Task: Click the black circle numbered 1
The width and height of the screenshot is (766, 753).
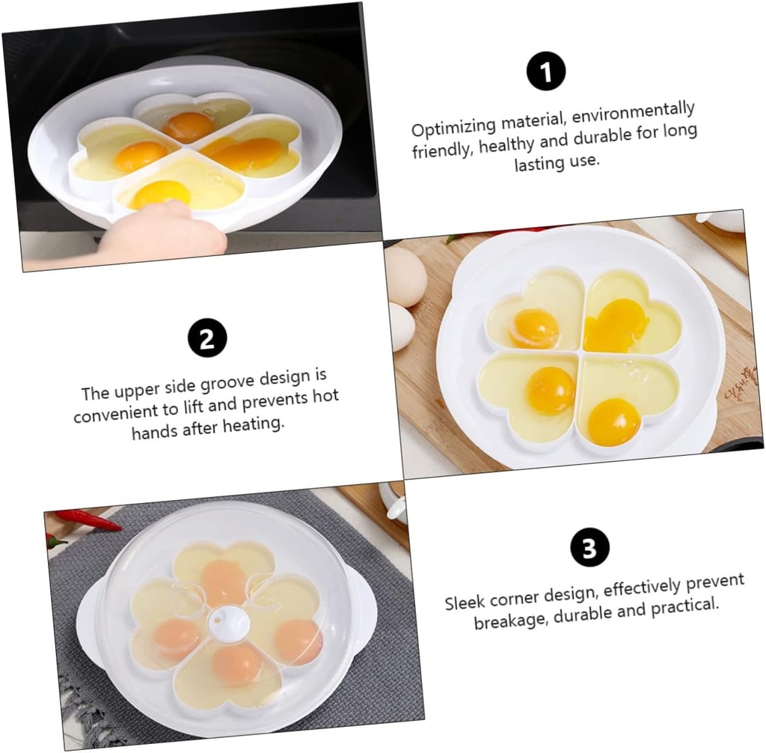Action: coord(545,71)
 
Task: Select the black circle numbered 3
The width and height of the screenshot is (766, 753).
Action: coord(589,547)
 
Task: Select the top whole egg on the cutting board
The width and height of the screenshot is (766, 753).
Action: coord(406,275)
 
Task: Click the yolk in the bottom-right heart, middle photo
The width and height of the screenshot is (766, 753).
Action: coord(613,421)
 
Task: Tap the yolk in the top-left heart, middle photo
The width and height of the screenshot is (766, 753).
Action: coord(535,329)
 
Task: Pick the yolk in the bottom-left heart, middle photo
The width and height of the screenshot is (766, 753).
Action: coord(551,389)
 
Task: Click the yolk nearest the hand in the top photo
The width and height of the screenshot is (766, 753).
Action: coord(160,194)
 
